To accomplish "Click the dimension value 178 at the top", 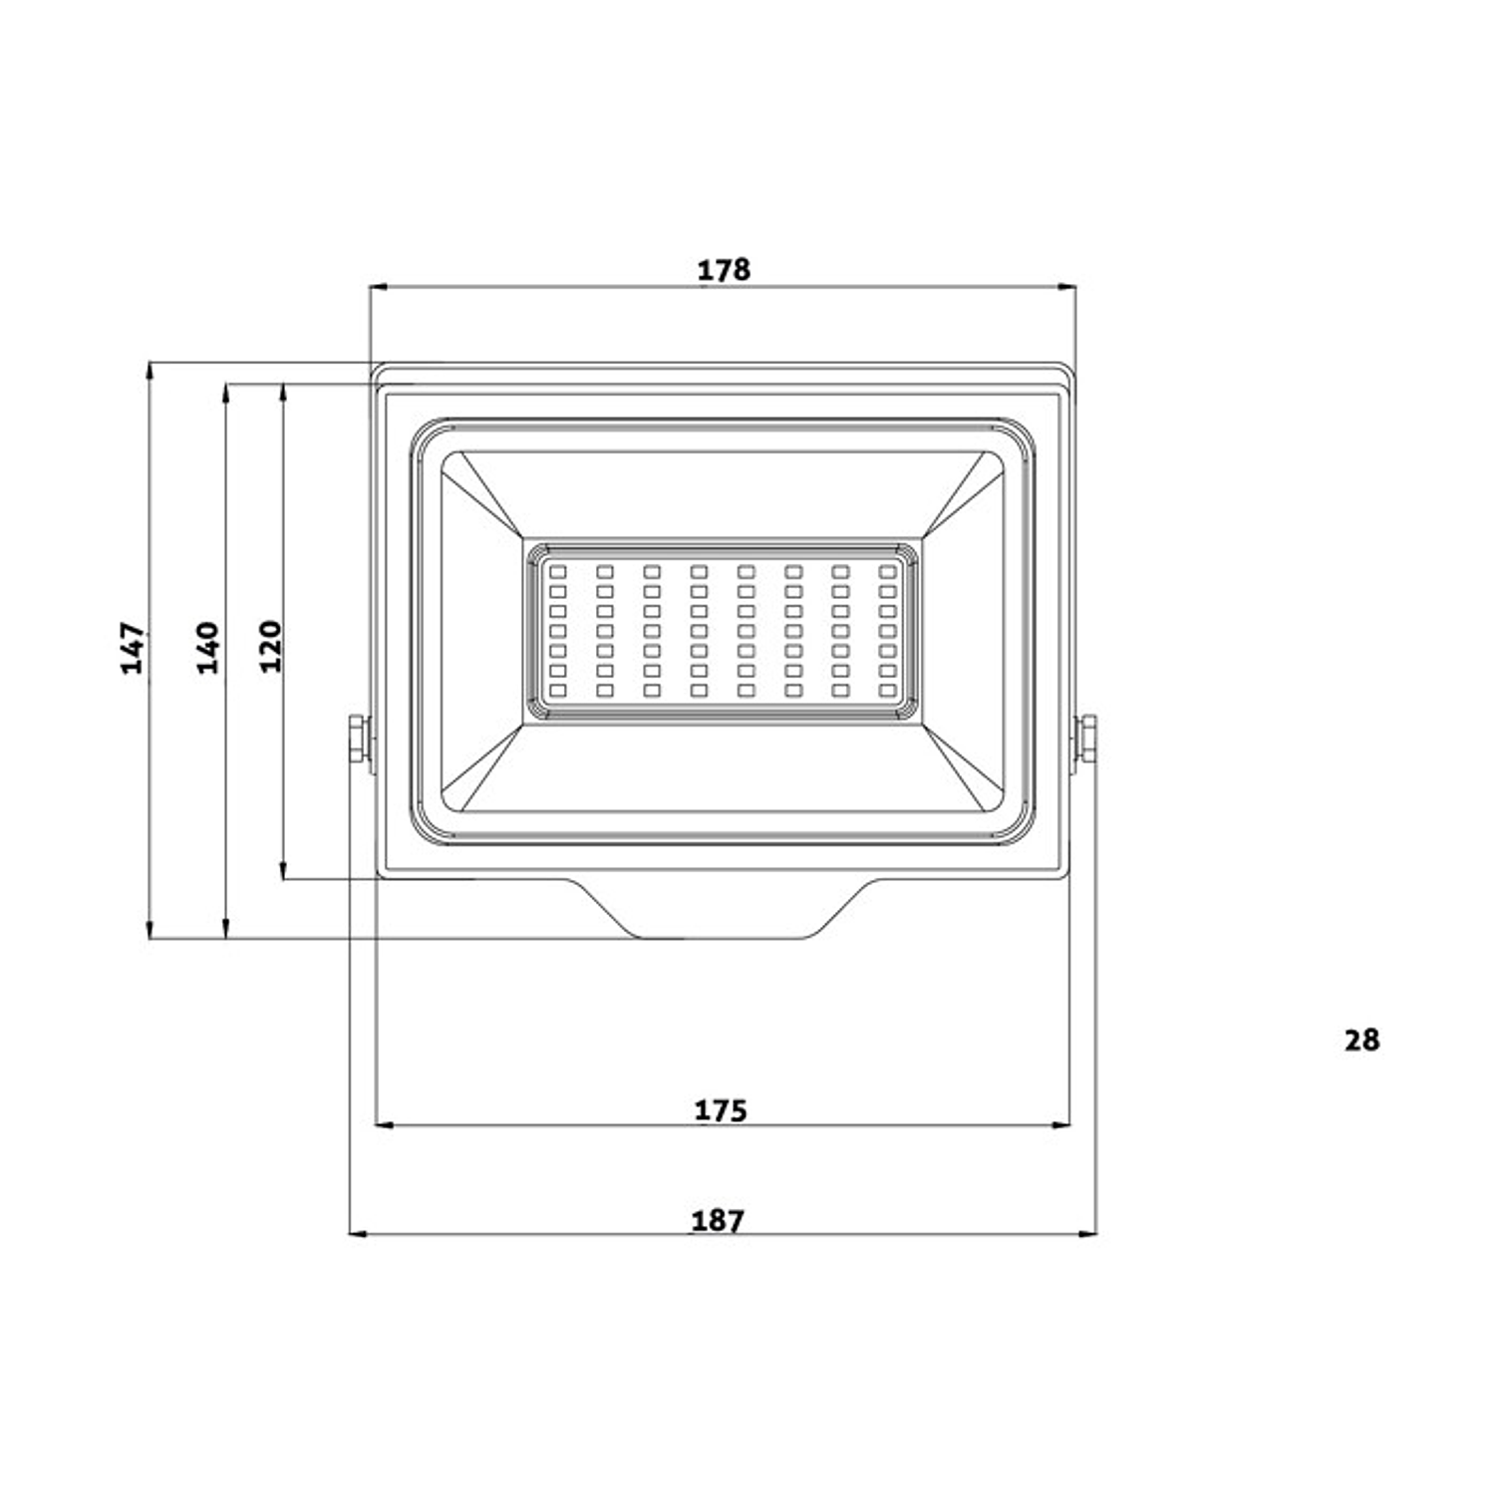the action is pyautogui.click(x=724, y=270).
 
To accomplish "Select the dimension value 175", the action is pyautogui.click(x=721, y=1110).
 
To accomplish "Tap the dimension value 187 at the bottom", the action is pyautogui.click(x=718, y=1221).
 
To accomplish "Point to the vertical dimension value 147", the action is pyautogui.click(x=134, y=648).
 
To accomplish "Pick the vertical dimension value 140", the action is pyautogui.click(x=207, y=648).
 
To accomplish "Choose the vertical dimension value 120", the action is pyautogui.click(x=270, y=646).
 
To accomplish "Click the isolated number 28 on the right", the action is pyautogui.click(x=1361, y=1041).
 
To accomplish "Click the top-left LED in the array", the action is pyautogui.click(x=558, y=572).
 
